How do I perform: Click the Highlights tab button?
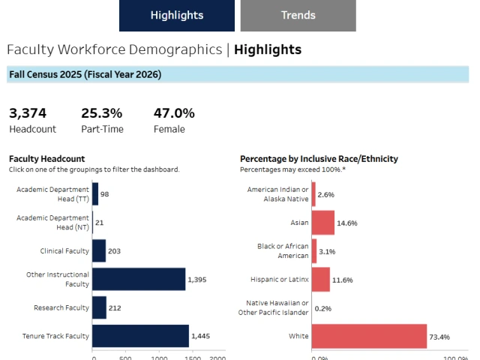[176, 16]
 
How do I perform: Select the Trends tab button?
[298, 16]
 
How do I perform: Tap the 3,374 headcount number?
[28, 113]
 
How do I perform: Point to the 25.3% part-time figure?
[101, 113]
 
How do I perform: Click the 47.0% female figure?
[174, 113]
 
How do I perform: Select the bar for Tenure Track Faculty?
[140, 336]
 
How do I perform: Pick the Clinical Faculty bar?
[99, 250]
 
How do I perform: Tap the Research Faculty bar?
[99, 307]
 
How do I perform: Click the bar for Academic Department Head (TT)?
[95, 193]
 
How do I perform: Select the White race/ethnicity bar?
[369, 336]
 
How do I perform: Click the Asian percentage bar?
[323, 223]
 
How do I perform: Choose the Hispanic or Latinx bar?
[321, 279]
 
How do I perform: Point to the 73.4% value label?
[440, 337]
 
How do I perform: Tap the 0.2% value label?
[324, 308]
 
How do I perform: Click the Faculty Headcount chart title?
[46, 159]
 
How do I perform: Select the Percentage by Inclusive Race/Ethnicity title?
[319, 159]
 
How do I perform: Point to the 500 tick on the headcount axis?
[125, 358]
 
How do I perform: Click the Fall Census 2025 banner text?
[85, 74]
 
